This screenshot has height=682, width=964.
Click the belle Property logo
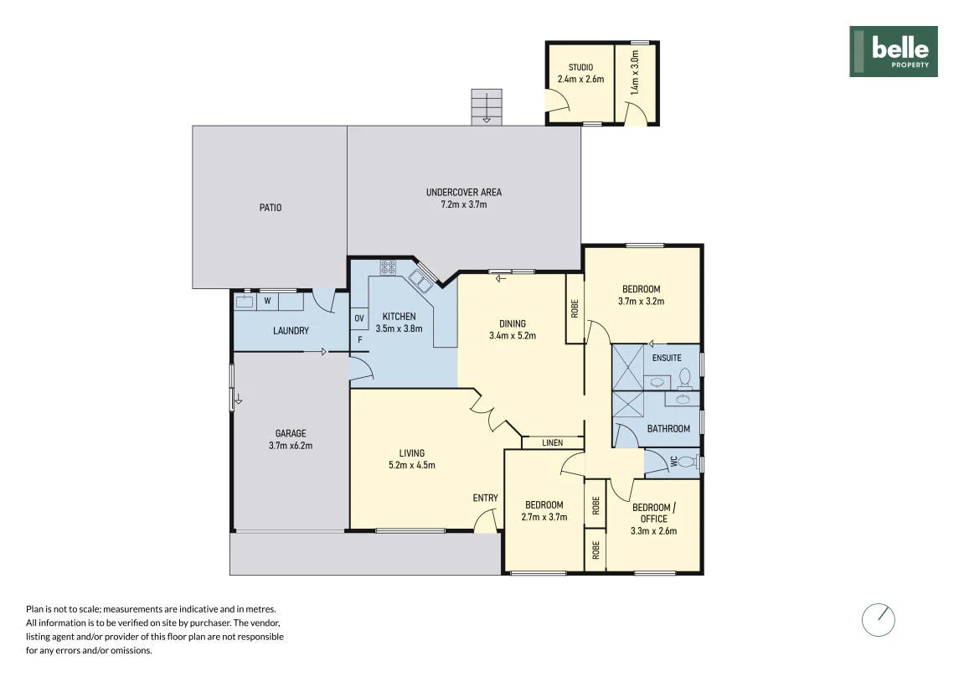click(x=894, y=52)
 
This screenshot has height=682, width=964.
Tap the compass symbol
click(x=878, y=620)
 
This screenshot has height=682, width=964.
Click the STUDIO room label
click(x=580, y=67)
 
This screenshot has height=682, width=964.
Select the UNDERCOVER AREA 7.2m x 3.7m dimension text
click(x=463, y=204)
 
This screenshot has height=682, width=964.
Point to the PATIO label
click(x=271, y=208)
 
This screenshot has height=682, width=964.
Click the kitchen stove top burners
click(x=388, y=267)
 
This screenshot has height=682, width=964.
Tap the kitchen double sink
click(x=422, y=279)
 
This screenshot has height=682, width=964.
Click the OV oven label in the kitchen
click(x=359, y=318)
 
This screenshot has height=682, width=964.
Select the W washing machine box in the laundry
click(x=267, y=302)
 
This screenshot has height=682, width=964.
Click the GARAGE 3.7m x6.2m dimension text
click(x=290, y=446)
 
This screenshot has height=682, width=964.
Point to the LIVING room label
click(x=412, y=453)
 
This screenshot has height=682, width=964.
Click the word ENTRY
click(x=485, y=499)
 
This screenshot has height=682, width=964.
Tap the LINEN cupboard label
click(x=552, y=442)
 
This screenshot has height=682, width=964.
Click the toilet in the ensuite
click(x=685, y=378)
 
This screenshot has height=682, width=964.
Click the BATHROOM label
click(x=668, y=429)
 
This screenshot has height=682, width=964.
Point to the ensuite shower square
click(x=627, y=368)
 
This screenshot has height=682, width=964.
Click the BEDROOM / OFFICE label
click(x=653, y=513)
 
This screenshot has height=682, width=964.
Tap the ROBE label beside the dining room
click(x=575, y=308)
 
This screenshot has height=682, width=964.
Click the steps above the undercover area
click(x=487, y=107)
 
